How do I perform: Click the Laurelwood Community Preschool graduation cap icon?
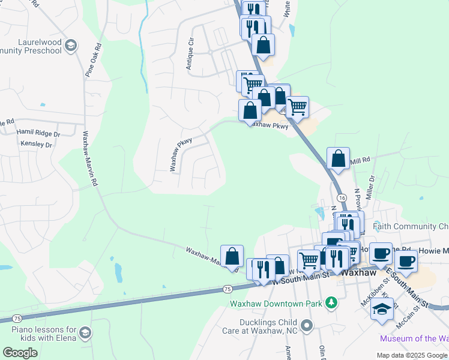coord(70,46)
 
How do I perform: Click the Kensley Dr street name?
coord(36,145)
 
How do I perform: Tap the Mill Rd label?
coord(360,161)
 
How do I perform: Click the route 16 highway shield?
coord(341,197)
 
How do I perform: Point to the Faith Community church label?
coord(411,227)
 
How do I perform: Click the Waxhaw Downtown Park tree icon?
coord(330,303)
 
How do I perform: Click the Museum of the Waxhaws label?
coord(414,339)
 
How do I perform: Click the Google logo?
coord(20,353)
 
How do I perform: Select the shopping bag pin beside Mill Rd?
coord(339,160)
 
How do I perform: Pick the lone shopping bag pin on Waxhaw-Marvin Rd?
coord(232,257)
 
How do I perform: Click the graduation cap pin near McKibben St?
coord(382,310)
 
